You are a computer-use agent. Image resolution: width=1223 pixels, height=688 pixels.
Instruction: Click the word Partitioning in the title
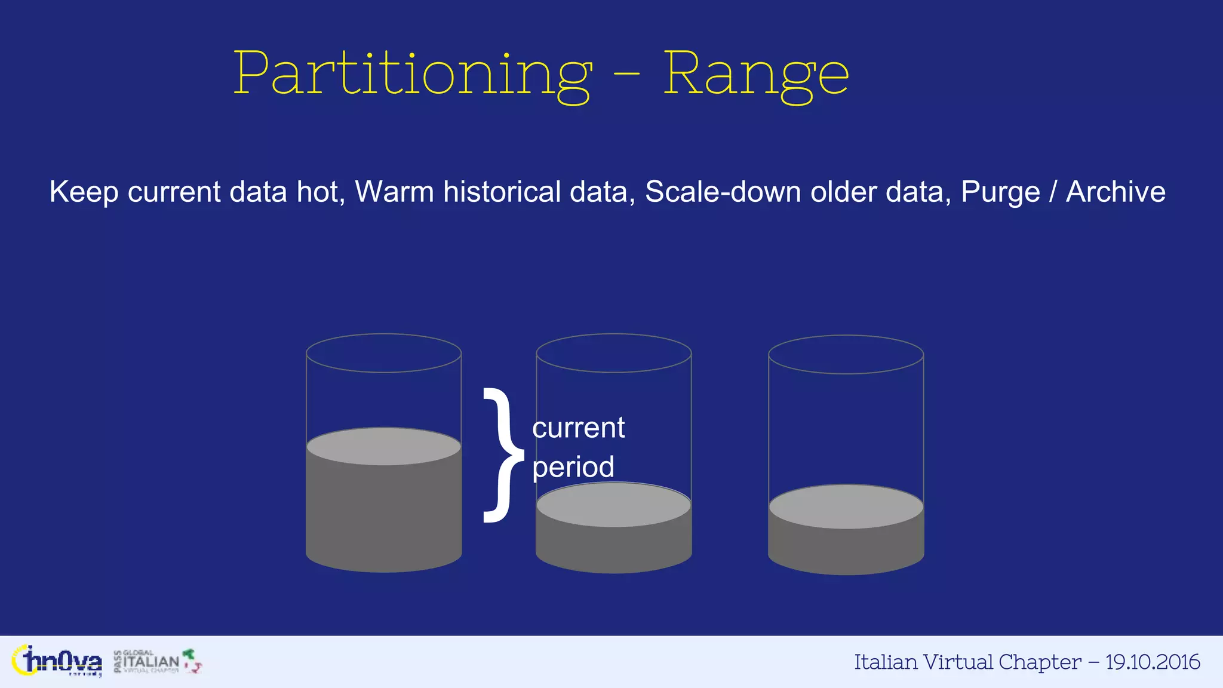pyautogui.click(x=412, y=75)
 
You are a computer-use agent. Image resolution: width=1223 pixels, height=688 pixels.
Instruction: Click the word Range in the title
pyautogui.click(x=756, y=75)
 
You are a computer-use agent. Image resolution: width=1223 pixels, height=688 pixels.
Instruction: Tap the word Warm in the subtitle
pyautogui.click(x=394, y=192)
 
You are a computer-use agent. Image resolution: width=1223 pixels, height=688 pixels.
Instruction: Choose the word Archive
pyautogui.click(x=1116, y=192)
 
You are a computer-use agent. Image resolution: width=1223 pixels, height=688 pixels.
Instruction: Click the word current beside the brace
pyautogui.click(x=578, y=428)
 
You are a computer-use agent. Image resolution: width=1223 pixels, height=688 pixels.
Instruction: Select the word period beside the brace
pyautogui.click(x=573, y=467)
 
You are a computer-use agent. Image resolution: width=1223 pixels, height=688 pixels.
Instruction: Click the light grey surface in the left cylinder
pyautogui.click(x=383, y=446)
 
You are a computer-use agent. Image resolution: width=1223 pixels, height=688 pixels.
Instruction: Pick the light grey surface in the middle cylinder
pyautogui.click(x=614, y=505)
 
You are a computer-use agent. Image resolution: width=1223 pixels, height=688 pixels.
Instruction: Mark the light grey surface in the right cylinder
pyautogui.click(x=846, y=507)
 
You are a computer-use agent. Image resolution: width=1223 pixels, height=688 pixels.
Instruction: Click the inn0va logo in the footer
pyautogui.click(x=57, y=661)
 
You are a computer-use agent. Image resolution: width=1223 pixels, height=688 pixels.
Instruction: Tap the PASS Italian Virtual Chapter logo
pyautogui.click(x=156, y=661)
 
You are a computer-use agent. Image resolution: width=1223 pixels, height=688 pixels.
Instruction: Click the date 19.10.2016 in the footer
pyautogui.click(x=1152, y=662)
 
